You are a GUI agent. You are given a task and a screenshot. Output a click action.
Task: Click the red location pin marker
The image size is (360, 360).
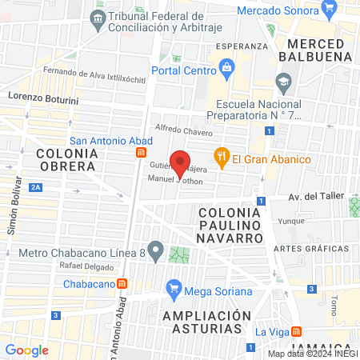tap(181, 163)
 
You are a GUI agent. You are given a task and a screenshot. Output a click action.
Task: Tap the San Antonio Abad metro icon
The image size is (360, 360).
tap(142, 152)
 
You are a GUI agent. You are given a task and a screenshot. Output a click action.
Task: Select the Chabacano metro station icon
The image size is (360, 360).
tap(122, 282)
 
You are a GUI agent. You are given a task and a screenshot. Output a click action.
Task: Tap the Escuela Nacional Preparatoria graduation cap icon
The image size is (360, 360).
tap(284, 82)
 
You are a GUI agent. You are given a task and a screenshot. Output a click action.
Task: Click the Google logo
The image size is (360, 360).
tap(27, 350)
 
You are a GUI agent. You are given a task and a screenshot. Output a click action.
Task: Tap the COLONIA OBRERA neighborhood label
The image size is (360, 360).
tap(65, 158)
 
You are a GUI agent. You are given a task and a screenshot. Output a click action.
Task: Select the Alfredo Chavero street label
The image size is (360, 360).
tap(184, 130)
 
